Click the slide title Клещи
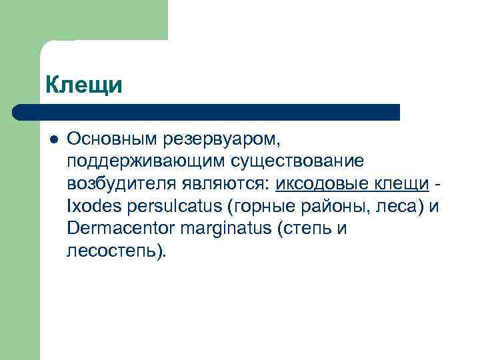pos(85,85)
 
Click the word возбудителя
pos(116,184)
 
